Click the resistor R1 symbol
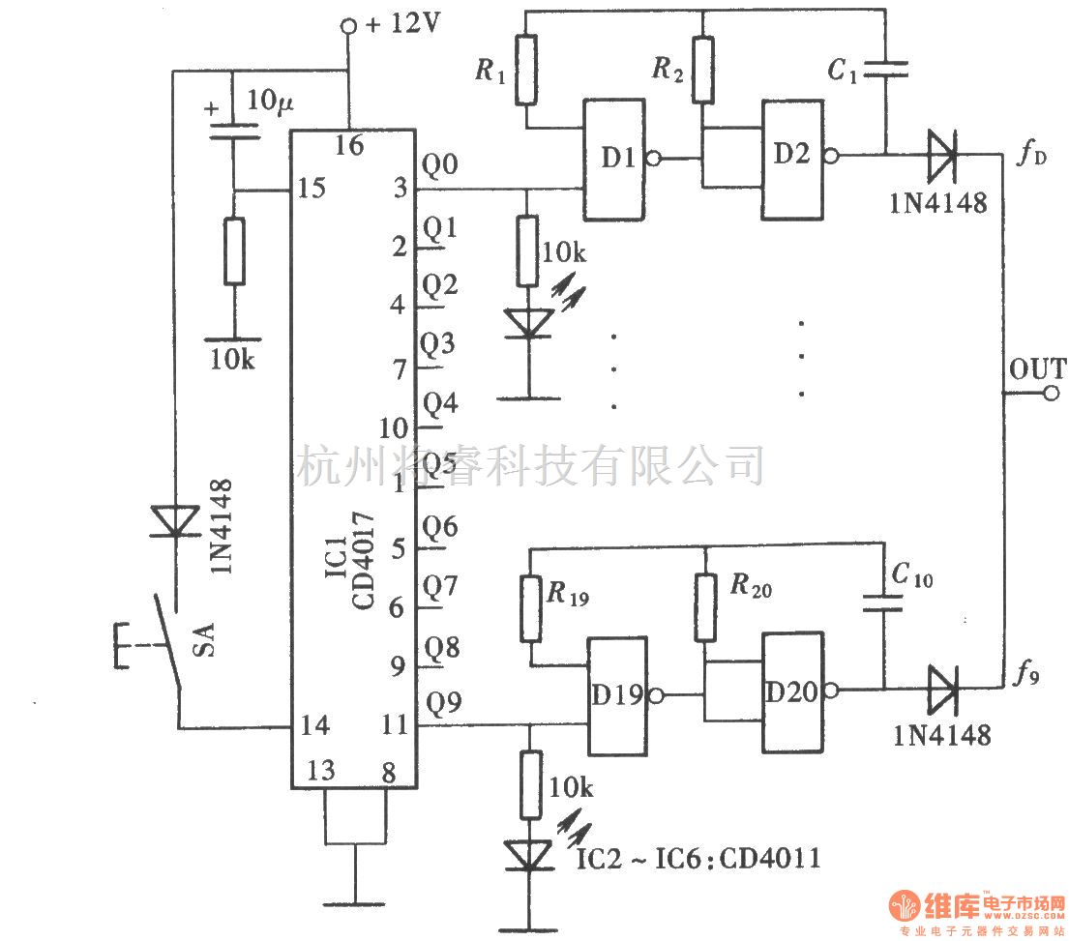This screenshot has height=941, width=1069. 526,70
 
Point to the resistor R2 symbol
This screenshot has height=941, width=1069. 703,70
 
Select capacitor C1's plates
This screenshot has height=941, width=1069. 885,70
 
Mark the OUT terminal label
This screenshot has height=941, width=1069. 1037,369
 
